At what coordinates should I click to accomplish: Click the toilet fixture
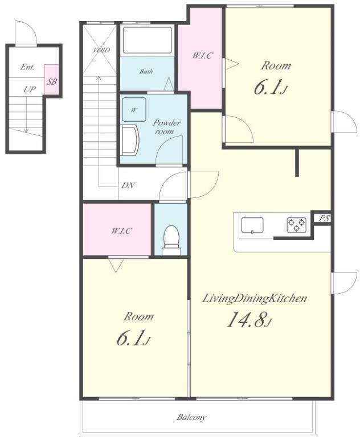point(170,240)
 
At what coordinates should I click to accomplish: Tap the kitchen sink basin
point(252,225)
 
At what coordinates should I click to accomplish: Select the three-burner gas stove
point(296,225)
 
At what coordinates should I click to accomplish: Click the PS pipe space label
point(324,218)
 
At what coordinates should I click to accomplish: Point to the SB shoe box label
point(52,82)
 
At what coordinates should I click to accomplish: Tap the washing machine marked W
point(134,109)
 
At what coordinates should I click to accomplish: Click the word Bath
point(146,71)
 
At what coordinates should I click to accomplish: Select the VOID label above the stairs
point(101,50)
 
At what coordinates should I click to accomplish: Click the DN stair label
point(128,185)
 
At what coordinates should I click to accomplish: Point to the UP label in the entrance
point(29,89)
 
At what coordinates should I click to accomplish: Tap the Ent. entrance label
point(27,67)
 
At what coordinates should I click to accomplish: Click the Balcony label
point(191,417)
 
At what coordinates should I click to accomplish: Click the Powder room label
point(166,127)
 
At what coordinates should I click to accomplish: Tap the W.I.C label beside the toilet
point(121,231)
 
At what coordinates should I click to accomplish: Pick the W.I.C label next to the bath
point(202,55)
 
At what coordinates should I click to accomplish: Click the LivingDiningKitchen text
point(254,299)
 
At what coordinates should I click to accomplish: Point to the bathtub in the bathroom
point(147,40)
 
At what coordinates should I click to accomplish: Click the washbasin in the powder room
point(130,139)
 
